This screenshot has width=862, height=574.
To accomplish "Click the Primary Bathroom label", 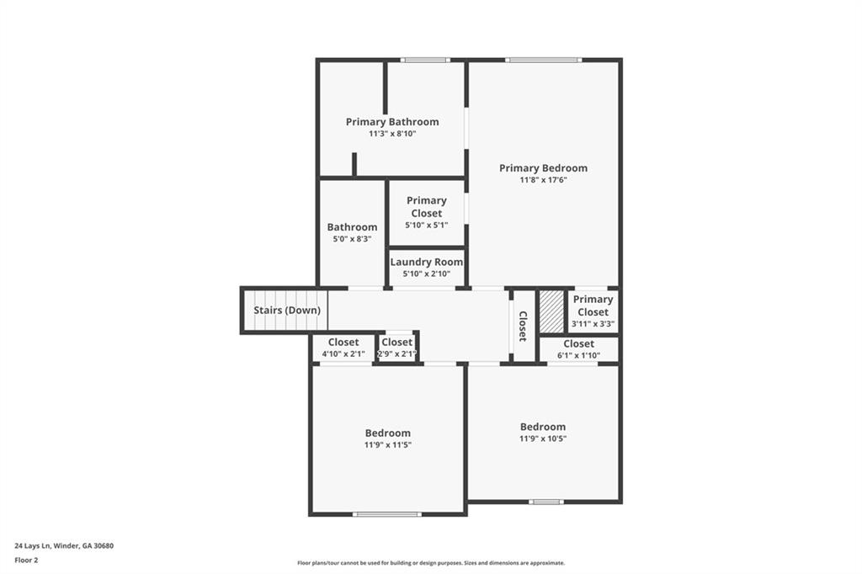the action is click(392, 121).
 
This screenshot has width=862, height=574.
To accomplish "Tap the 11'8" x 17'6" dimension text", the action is click(543, 180).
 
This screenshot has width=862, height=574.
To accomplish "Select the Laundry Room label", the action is click(427, 262).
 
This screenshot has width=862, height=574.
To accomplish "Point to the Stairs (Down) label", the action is click(287, 310).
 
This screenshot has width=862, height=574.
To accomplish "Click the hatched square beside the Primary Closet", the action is click(551, 311).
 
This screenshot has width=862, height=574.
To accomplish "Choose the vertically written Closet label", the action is click(523, 326).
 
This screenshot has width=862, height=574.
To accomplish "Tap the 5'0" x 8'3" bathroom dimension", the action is click(352, 239).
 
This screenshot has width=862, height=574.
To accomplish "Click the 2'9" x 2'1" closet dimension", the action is click(397, 354).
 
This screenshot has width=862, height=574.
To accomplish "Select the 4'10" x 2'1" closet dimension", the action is click(343, 354).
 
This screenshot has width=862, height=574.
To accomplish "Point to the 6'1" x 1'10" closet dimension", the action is click(578, 355).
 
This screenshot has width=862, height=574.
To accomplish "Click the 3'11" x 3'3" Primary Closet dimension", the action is click(593, 324).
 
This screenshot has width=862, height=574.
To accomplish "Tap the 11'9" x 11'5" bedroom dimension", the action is click(387, 444).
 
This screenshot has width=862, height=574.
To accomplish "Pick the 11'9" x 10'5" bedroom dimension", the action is click(543, 438).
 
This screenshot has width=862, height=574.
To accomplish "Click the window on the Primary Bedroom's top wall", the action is click(543, 60).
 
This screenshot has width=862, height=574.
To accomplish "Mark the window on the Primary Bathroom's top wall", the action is click(425, 60).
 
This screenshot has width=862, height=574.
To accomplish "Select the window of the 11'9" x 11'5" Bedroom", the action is click(387, 514).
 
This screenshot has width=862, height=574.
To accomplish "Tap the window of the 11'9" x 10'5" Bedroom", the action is click(545, 502).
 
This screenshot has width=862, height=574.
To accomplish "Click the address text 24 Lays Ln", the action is click(33, 546).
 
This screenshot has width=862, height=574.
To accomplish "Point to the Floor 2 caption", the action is click(26, 561).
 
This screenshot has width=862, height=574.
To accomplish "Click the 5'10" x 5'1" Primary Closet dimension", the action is click(427, 225).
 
